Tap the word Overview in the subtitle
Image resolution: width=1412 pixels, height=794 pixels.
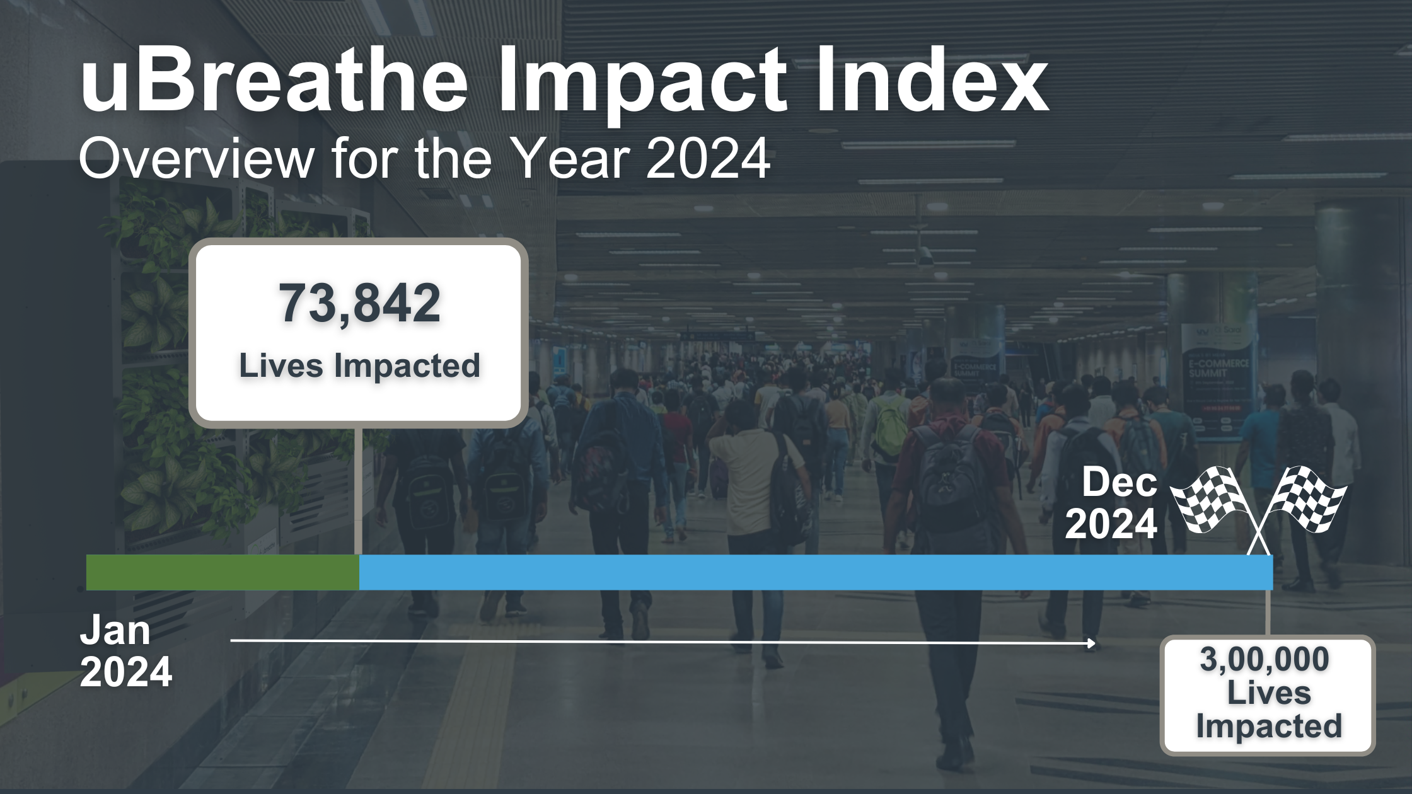coord(195,159)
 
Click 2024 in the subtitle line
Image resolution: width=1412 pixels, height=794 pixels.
coord(707,159)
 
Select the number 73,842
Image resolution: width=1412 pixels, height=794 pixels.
coord(359,304)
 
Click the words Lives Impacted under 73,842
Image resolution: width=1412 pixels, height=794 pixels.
coord(359,365)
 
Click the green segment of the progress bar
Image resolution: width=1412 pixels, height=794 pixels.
coord(222,572)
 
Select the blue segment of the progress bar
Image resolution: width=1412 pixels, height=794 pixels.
coord(813,572)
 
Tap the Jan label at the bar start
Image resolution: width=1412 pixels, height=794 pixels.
coord(115,630)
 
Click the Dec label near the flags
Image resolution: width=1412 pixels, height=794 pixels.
coord(1120,483)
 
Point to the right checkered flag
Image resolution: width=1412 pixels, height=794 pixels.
coord(1308,498)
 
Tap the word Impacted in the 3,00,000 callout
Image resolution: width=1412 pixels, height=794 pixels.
coord(1268,726)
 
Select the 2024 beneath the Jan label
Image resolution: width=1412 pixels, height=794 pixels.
coord(126,672)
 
